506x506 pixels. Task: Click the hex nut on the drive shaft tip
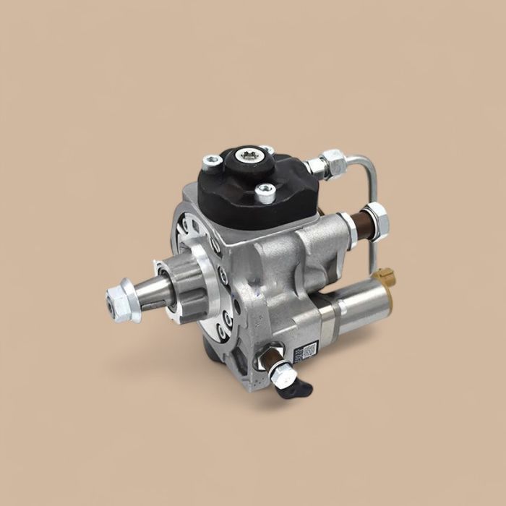pos(120,303)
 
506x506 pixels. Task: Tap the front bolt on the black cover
pos(265,192)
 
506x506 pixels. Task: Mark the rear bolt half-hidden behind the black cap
pos(268,150)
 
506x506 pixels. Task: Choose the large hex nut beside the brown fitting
pos(375,218)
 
